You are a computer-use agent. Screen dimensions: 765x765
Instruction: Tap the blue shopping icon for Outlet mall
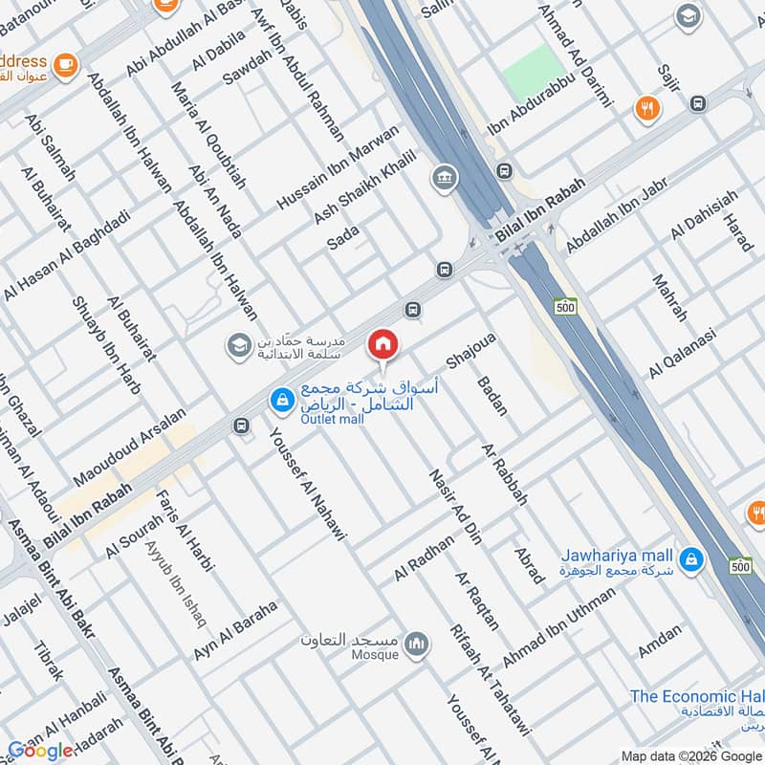[281, 401]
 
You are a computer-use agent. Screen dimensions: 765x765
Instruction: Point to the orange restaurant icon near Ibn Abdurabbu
[648, 108]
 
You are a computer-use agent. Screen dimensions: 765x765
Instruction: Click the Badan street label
[492, 395]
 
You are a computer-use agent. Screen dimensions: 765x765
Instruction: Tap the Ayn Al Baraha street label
[235, 630]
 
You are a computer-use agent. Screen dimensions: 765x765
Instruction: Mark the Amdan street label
[660, 642]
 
